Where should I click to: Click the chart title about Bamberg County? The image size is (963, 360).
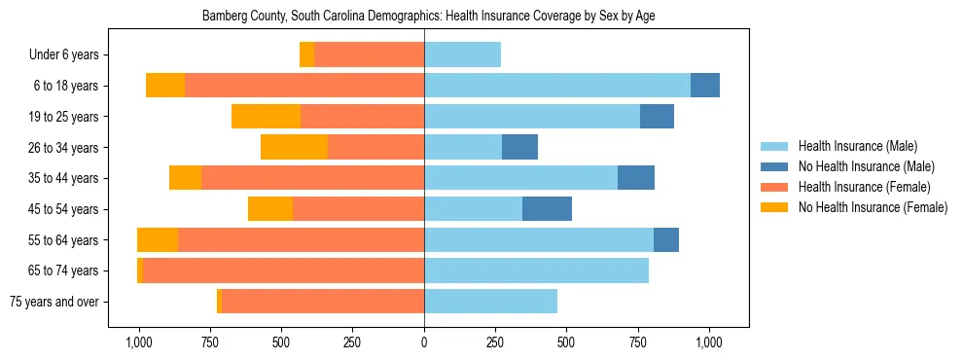click(428, 17)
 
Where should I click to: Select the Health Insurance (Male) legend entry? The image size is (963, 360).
click(857, 146)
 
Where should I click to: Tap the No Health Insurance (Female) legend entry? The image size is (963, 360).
click(872, 207)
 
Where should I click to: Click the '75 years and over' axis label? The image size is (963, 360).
click(53, 302)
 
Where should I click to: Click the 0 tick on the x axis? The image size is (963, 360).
click(424, 342)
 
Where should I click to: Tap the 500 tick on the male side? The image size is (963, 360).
click(566, 342)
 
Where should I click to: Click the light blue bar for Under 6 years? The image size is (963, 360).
click(462, 54)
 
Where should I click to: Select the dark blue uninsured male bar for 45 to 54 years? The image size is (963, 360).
click(547, 209)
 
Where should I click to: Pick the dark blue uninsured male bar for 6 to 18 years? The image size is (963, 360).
click(705, 86)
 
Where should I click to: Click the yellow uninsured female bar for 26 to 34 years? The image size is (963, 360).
click(294, 147)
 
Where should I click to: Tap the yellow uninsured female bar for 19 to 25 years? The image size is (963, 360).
click(266, 117)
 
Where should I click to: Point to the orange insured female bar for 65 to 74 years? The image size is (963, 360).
click(283, 270)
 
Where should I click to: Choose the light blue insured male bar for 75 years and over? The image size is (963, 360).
click(490, 302)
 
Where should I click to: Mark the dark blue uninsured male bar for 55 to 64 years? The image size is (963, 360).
click(666, 239)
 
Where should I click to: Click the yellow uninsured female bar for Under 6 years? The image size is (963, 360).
click(306, 54)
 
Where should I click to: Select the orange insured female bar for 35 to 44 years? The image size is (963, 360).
click(312, 178)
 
